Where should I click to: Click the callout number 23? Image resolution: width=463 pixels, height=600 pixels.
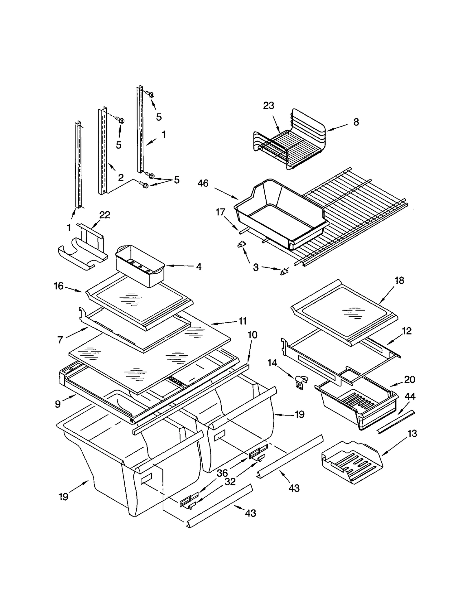pyautogui.click(x=268, y=106)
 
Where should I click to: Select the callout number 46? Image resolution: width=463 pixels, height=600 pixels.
pyautogui.click(x=203, y=183)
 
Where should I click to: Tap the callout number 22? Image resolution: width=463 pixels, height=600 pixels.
pyautogui.click(x=104, y=215)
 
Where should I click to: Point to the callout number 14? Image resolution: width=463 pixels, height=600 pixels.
pyautogui.click(x=272, y=363)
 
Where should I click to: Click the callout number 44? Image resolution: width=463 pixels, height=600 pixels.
pyautogui.click(x=410, y=396)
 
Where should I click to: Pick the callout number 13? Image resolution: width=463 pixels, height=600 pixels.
pyautogui.click(x=412, y=433)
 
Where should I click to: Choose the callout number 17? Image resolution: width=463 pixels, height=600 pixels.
pyautogui.click(x=220, y=212)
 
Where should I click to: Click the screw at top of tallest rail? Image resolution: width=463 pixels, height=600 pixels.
pyautogui.click(x=150, y=94)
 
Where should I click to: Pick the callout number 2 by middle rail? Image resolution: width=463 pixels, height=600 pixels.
pyautogui.click(x=121, y=177)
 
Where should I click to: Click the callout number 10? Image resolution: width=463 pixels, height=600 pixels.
pyautogui.click(x=252, y=335)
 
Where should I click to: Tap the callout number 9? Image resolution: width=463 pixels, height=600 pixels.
pyautogui.click(x=58, y=404)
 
